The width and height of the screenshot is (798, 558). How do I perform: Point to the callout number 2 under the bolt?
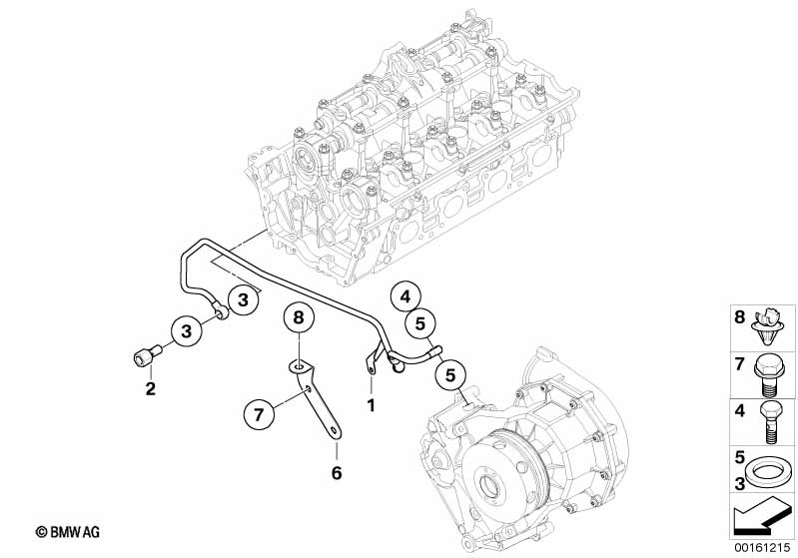150,387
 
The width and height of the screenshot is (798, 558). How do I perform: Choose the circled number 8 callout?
298,320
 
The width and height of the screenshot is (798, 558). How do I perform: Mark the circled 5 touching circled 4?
419,323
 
